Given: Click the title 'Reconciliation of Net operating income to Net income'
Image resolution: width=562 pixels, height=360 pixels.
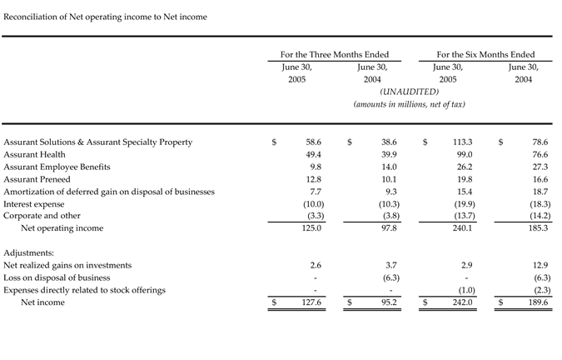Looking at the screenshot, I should [x=106, y=17].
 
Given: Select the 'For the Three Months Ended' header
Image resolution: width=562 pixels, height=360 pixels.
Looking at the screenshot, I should [x=335, y=54].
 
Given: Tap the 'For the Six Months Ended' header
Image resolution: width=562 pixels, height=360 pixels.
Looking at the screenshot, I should [x=486, y=54].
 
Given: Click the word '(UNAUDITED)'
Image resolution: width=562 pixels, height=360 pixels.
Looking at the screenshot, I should [x=409, y=92].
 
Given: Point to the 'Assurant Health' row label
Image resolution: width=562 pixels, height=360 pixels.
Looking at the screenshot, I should [x=34, y=154].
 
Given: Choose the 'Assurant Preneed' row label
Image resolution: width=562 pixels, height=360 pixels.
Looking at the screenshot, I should [x=37, y=179].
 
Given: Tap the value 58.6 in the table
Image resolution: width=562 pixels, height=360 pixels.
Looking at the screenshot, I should [x=313, y=142].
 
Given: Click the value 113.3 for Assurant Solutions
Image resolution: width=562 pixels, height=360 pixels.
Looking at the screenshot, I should [x=463, y=142].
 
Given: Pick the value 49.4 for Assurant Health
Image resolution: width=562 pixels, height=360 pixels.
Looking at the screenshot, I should [x=313, y=154].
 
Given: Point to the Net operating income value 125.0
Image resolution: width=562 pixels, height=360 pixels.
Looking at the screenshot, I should [x=311, y=227].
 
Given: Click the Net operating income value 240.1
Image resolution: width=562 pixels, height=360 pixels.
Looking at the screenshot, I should [x=462, y=227].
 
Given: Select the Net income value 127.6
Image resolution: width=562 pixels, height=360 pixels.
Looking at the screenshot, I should [x=311, y=302].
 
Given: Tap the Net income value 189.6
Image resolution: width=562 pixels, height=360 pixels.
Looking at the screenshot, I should [x=538, y=302].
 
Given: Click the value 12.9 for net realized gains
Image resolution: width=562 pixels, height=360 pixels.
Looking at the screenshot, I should [x=540, y=265].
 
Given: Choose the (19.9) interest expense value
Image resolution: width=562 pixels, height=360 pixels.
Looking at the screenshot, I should [x=462, y=204].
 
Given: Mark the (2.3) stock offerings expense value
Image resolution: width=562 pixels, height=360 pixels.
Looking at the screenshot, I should [x=538, y=290].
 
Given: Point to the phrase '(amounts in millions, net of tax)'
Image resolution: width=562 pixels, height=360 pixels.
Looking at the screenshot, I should [x=409, y=104].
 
